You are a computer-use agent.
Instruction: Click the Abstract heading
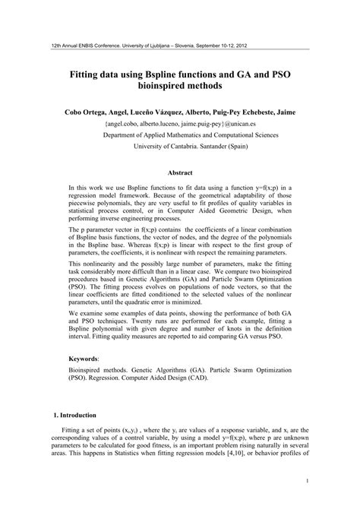[x=180, y=172]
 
